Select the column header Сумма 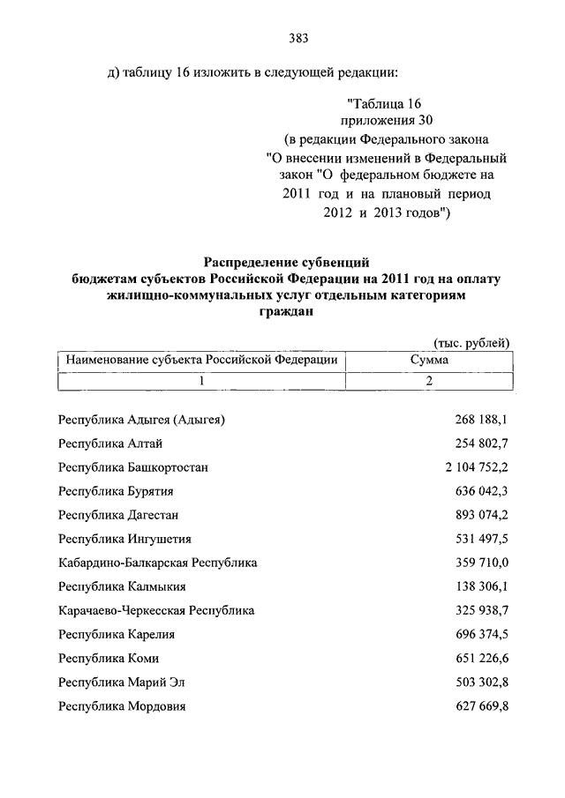click(x=429, y=361)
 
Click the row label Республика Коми click(x=108, y=658)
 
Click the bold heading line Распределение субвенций click(x=285, y=262)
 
